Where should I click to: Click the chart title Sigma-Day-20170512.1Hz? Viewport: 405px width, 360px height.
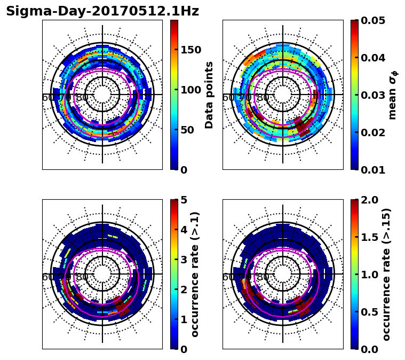click(x=102, y=11)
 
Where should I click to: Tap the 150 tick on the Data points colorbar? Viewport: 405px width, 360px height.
click(x=190, y=50)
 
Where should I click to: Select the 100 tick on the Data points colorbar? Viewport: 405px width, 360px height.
click(x=190, y=90)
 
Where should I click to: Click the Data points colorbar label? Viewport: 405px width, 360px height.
click(x=209, y=95)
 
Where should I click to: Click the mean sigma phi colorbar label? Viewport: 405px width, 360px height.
click(x=393, y=95)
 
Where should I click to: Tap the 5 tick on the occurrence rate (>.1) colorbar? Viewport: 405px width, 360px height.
click(x=183, y=200)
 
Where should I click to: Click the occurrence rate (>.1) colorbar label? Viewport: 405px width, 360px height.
click(x=195, y=274)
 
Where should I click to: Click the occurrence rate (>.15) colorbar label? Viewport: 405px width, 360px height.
click(x=386, y=274)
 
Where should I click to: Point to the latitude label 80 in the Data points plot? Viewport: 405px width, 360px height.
click(x=82, y=98)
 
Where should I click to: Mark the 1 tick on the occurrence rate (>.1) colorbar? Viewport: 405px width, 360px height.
click(x=183, y=319)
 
